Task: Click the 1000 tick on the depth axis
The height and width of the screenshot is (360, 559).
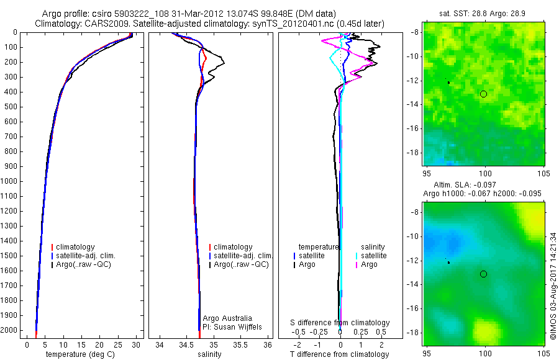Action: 11,182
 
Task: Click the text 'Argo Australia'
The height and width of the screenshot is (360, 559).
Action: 227,318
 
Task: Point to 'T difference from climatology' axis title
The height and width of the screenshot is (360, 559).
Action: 339,354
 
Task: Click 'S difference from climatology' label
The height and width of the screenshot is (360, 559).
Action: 340,323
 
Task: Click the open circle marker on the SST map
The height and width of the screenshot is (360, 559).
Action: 483,94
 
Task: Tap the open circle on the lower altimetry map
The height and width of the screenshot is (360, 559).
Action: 483,274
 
